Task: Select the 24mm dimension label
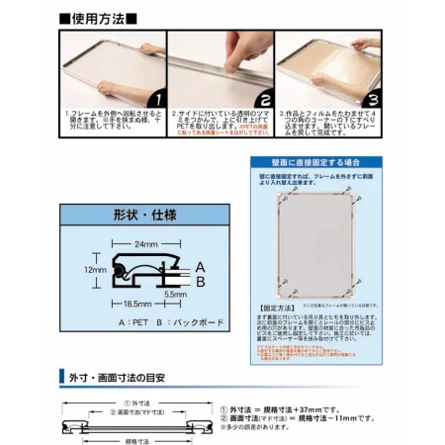(145, 242)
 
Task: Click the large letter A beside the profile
(200, 266)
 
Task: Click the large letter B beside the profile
(200, 281)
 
